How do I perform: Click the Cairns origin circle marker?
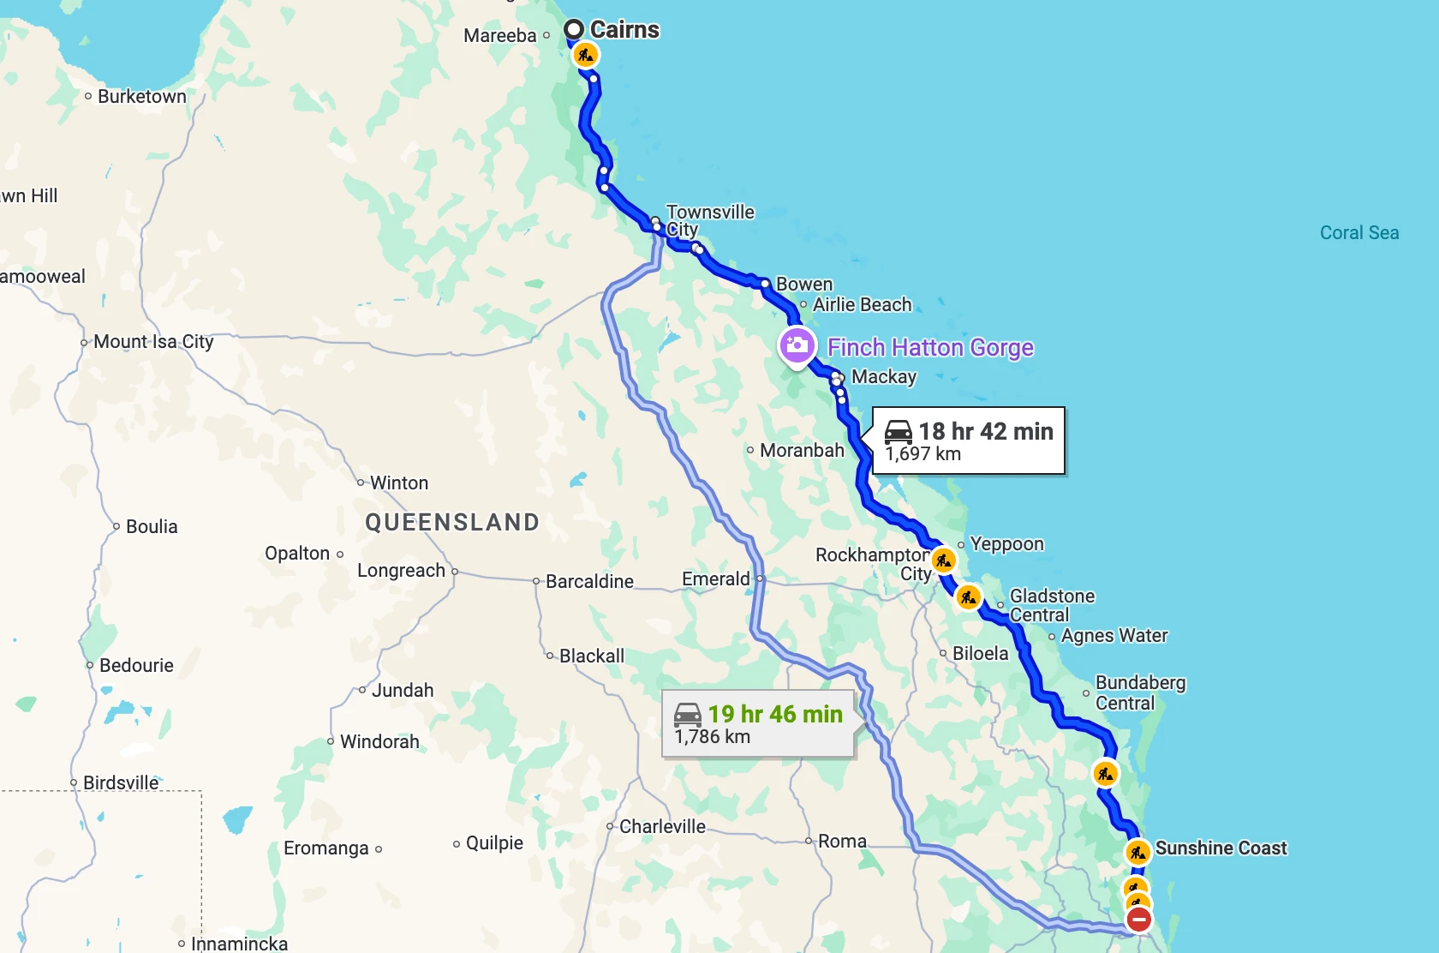(x=574, y=30)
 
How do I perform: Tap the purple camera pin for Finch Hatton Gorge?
(x=797, y=346)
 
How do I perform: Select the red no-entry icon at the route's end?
(x=1138, y=920)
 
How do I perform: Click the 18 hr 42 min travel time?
(x=985, y=431)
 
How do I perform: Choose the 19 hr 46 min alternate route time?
(x=774, y=714)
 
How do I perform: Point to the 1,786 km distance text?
(x=712, y=737)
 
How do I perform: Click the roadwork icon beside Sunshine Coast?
(x=1137, y=853)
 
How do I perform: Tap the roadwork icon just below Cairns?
(x=585, y=56)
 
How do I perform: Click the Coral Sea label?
(x=1358, y=232)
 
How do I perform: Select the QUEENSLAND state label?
(x=452, y=522)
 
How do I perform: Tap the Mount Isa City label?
(x=153, y=341)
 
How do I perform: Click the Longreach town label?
(x=401, y=570)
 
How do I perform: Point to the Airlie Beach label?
(x=862, y=304)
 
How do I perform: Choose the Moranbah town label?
(x=802, y=450)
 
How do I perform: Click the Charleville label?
(x=662, y=826)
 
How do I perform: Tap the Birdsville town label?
(x=121, y=782)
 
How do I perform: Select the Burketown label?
(x=141, y=96)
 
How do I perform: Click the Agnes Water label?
(x=1114, y=635)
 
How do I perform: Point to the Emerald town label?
(x=715, y=578)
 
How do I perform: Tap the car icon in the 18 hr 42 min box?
(x=899, y=431)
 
